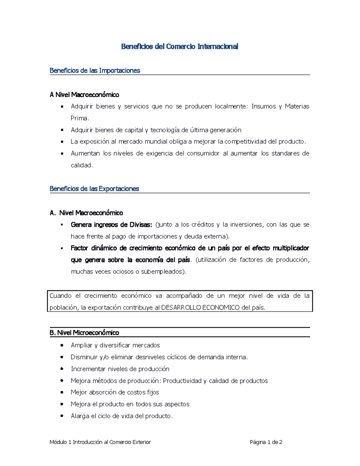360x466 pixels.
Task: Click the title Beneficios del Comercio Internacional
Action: (x=179, y=47)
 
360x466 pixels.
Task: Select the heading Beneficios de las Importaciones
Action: (x=95, y=71)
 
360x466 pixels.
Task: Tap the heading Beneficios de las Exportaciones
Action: (x=94, y=189)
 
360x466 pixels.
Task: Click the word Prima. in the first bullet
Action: (x=79, y=118)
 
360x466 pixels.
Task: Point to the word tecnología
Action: (x=165, y=130)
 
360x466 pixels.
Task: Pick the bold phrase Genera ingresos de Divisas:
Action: (x=111, y=225)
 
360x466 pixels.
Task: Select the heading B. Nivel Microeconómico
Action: (x=84, y=333)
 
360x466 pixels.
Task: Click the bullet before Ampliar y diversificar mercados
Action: (x=62, y=345)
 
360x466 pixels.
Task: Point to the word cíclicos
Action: (x=177, y=357)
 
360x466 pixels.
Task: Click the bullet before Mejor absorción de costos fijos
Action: (x=62, y=392)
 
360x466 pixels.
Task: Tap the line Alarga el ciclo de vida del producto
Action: (x=121, y=416)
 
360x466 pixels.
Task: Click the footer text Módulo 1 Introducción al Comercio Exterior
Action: (x=100, y=442)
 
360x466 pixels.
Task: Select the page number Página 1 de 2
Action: (x=266, y=442)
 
